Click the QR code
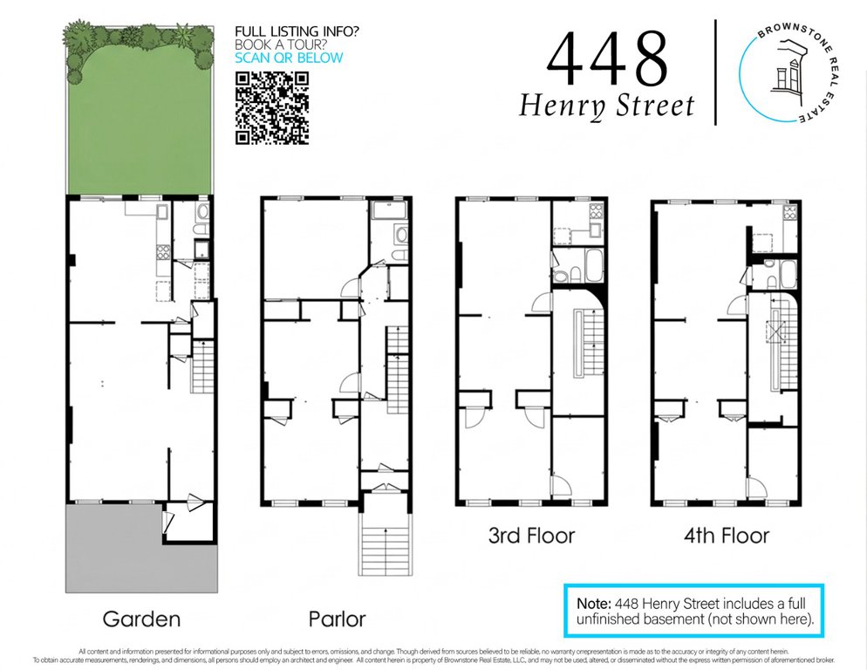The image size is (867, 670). coord(272,108)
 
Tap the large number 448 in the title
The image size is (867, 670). coord(608,59)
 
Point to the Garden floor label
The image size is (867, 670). coord(141,619)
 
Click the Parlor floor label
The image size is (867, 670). coord(337,619)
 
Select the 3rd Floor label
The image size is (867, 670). coord(531,536)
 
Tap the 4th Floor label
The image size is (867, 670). coord(727,536)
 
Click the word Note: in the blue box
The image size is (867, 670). coord(594,603)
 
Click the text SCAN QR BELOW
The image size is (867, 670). coord(289,58)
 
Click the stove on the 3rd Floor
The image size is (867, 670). coord(596,210)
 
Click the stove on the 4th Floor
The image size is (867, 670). coord(789,213)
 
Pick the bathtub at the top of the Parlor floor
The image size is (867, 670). coord(389,210)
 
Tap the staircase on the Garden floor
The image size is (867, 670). coord(202,366)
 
